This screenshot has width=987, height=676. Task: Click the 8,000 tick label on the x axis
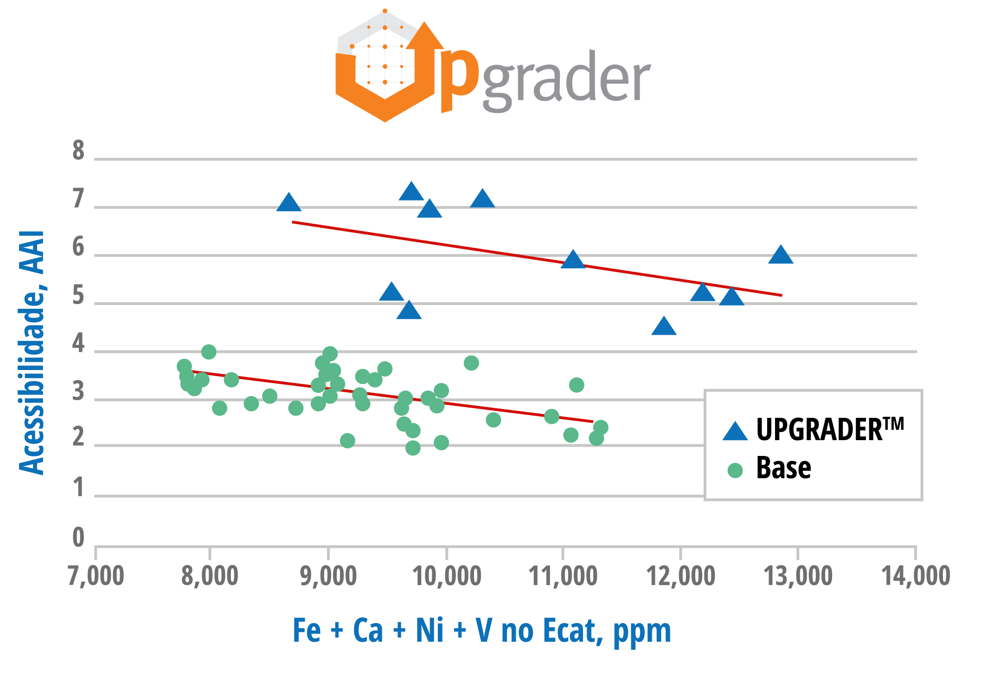210,576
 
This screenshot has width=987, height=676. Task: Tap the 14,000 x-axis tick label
916,576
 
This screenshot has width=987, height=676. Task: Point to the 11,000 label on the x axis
563,576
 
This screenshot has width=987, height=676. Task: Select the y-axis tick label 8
78,151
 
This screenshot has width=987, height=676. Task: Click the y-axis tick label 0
78,538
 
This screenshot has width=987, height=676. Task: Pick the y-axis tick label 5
78,296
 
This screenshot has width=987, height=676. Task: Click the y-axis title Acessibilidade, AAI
32,353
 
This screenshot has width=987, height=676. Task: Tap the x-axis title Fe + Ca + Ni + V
481,630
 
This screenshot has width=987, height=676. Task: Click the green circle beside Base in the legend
735,470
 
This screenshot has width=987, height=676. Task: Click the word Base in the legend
783,468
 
